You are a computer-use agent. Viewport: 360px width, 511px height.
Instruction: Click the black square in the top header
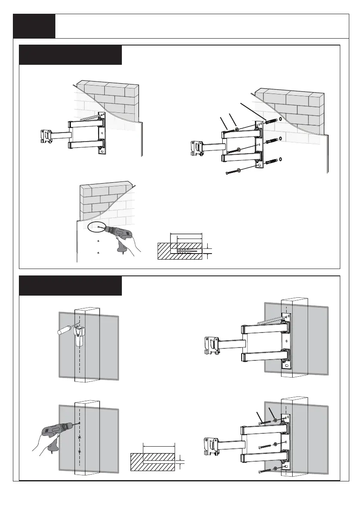[34, 26]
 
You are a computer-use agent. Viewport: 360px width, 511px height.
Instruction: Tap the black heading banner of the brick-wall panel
[71, 55]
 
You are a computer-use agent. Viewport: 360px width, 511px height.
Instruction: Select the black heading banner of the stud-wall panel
[70, 286]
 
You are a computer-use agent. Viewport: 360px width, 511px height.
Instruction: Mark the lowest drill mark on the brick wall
[98, 253]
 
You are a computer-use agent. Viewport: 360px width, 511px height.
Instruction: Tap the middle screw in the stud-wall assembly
[266, 446]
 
